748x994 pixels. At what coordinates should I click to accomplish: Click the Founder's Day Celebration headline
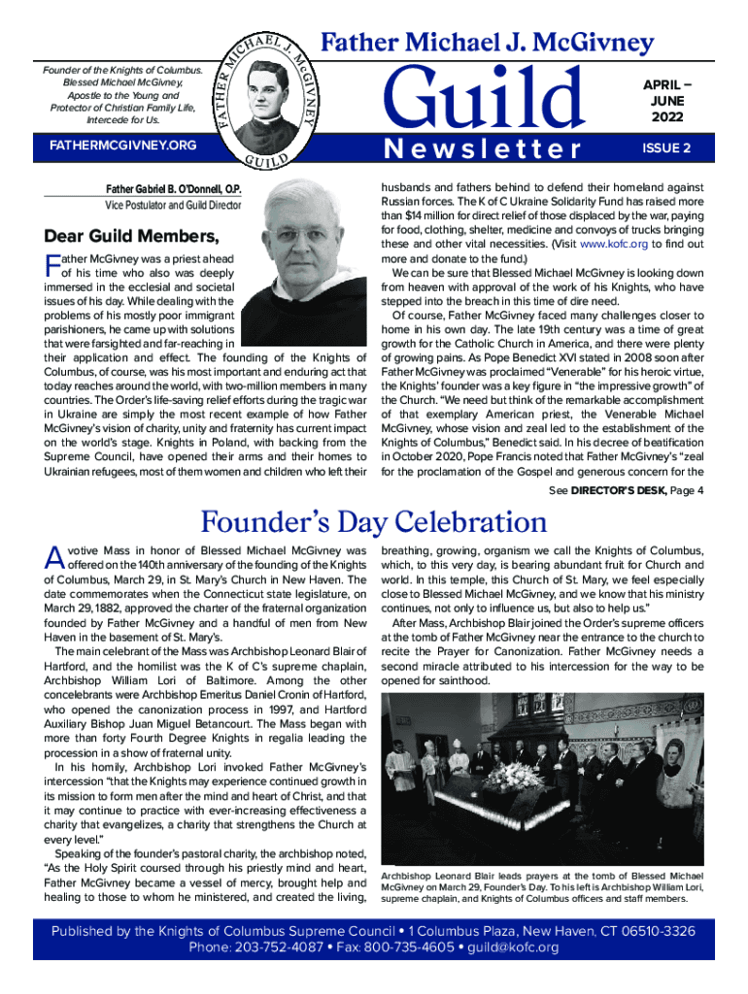373,522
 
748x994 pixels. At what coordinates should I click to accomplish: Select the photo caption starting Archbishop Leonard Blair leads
542,886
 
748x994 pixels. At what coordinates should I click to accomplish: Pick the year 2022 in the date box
667,117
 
